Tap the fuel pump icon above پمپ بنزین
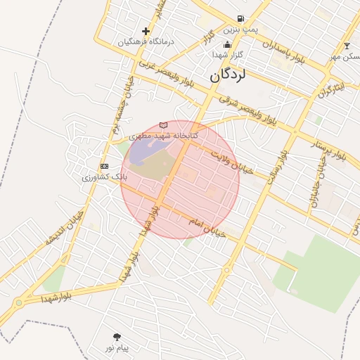pos(241,19)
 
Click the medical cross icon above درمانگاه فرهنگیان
pos(146,31)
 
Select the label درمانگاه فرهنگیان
pos(146,41)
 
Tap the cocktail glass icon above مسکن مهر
pos(346,46)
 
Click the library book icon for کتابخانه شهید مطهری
pos(164,124)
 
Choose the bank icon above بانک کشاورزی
pos(105,166)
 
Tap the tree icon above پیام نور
pos(117,337)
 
